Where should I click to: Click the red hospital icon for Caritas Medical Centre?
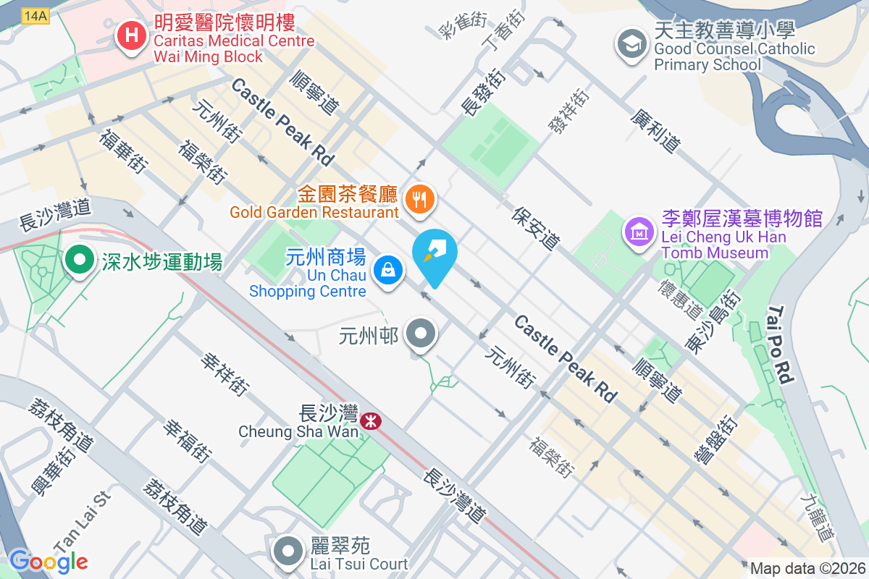click(x=132, y=33)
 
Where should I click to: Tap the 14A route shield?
click(x=35, y=16)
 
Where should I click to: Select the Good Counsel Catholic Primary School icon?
click(x=631, y=43)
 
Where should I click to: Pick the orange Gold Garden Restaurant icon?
click(x=419, y=198)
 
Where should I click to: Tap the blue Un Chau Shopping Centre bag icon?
click(x=387, y=271)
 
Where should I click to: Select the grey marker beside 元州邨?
click(x=420, y=334)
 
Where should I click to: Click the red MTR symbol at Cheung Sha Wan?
click(x=371, y=420)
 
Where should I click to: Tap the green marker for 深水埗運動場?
click(x=79, y=259)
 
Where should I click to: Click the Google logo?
click(x=49, y=560)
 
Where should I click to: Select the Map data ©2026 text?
click(x=807, y=568)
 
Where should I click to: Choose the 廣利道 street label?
click(x=656, y=131)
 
